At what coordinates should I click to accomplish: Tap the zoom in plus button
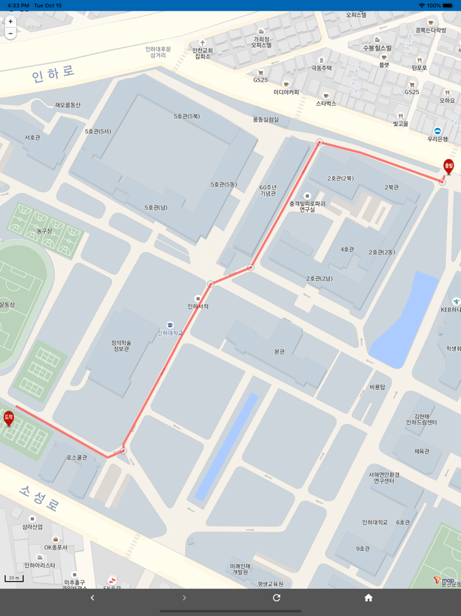(x=11, y=22)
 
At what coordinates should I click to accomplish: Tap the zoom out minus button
(x=11, y=33)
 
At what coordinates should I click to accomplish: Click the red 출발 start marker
(x=448, y=166)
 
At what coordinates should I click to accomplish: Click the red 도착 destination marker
(x=9, y=417)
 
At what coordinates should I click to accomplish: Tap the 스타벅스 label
(x=326, y=104)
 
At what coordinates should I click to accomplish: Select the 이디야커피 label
(x=286, y=92)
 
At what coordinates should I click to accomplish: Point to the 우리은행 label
(x=437, y=139)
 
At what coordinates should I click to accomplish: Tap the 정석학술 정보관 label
(x=121, y=345)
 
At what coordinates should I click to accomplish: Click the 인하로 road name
(x=53, y=73)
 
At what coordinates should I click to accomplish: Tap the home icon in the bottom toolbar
(x=368, y=598)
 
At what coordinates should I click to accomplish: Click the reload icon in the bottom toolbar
(x=277, y=598)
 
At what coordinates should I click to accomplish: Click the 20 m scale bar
(x=14, y=578)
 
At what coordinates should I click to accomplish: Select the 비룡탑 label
(x=377, y=386)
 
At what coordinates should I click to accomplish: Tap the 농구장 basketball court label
(x=44, y=231)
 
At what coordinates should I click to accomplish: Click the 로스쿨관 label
(x=76, y=457)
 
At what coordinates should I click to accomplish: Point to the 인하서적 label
(x=198, y=306)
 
